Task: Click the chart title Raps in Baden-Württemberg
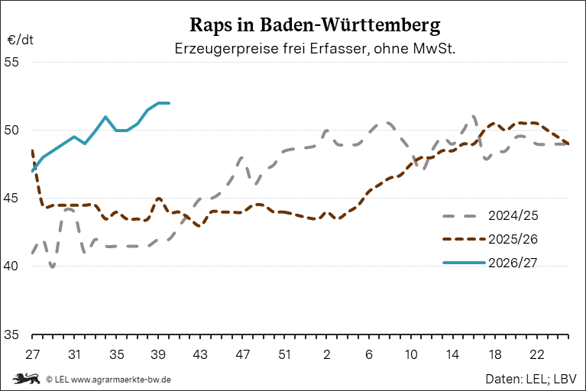[x=315, y=26]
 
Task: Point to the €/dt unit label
[x=20, y=40]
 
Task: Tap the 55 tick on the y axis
[x=11, y=62]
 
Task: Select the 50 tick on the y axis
[x=11, y=131]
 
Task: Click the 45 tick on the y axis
[x=11, y=199]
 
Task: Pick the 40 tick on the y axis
[x=11, y=267]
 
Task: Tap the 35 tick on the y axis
[x=11, y=334]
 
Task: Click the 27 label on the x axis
[x=33, y=354]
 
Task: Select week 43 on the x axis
[x=200, y=354]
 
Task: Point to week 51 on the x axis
[x=285, y=354]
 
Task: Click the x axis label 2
[x=327, y=354]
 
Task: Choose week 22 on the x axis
[x=537, y=354]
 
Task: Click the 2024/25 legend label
[x=513, y=216]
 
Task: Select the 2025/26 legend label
[x=513, y=239]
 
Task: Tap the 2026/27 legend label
[x=513, y=263]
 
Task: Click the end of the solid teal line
[x=169, y=103]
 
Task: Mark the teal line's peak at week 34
[x=105, y=117]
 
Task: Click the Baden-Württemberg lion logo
[x=26, y=379]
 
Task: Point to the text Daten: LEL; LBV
[x=531, y=379]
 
